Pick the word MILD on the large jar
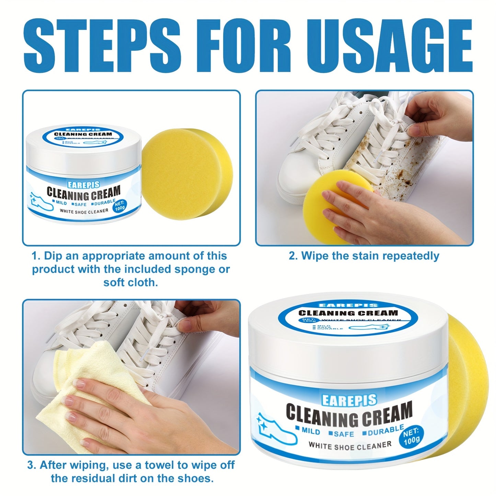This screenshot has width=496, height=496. [308, 431]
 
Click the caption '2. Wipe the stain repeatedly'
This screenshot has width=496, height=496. [364, 256]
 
